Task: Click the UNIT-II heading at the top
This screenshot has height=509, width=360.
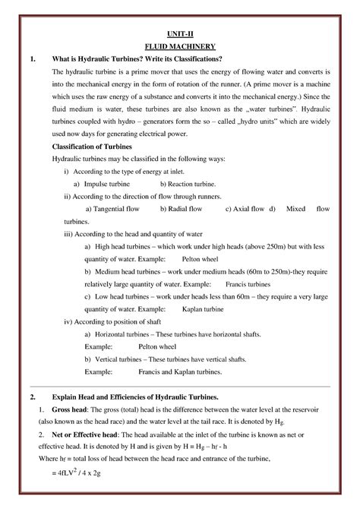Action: coord(179,34)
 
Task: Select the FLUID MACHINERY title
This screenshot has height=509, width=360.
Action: coord(179,46)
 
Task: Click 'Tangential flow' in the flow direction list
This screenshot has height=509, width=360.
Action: coord(115,208)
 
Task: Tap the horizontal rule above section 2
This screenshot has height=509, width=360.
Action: coord(179,387)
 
